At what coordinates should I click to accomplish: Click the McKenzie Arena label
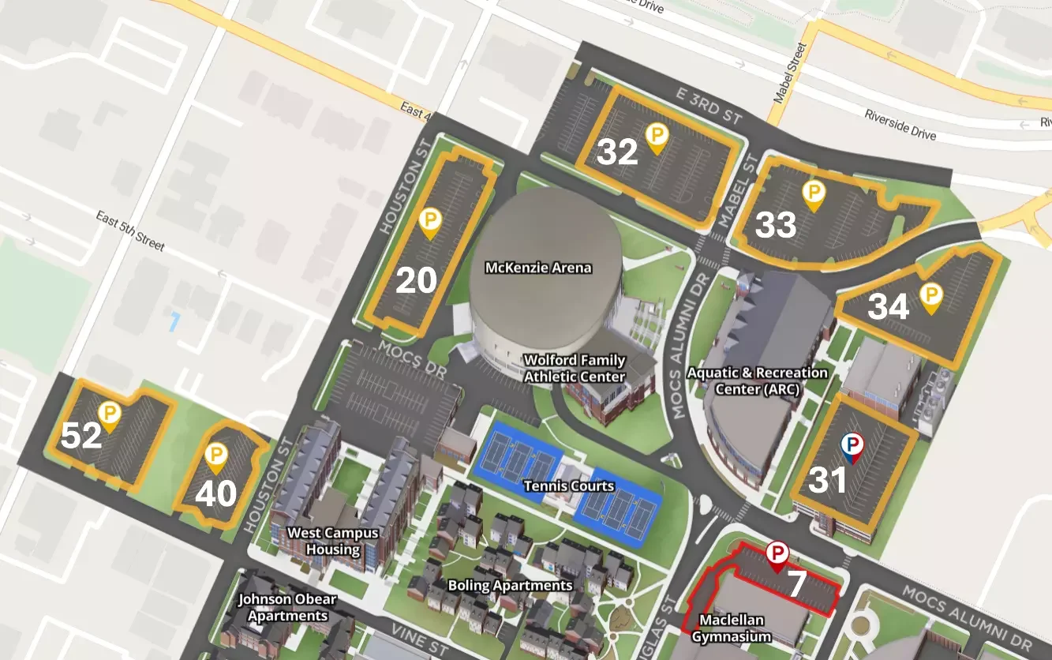(538, 268)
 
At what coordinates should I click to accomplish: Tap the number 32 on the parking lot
(617, 152)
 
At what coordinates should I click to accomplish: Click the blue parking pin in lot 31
(850, 448)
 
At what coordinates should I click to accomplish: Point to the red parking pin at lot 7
(777, 555)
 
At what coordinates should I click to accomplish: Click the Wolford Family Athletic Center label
(575, 369)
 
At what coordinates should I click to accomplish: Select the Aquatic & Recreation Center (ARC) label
(758, 381)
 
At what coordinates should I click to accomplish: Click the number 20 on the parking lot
(416, 280)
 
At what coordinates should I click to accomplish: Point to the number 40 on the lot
(215, 494)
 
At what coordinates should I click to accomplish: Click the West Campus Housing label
(332, 541)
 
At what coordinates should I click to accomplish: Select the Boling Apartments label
(510, 586)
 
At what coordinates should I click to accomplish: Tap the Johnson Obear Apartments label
(287, 607)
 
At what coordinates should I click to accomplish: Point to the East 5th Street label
(130, 231)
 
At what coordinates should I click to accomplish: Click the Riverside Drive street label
(900, 124)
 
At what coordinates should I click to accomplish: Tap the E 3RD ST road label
(709, 104)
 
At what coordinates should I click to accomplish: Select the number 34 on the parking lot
(888, 307)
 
